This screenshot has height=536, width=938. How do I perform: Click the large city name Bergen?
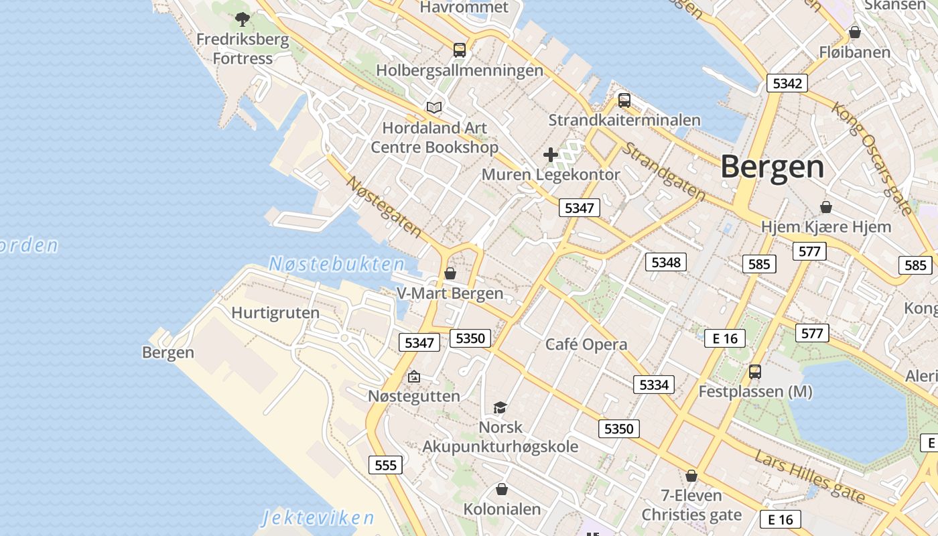click(772, 167)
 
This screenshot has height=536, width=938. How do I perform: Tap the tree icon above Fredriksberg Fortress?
click(243, 19)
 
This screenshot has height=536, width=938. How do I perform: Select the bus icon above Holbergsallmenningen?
click(460, 50)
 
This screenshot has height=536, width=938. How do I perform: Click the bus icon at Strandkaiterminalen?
click(624, 100)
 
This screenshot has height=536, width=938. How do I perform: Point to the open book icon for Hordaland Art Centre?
click(434, 107)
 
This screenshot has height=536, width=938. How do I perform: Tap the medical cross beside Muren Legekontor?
click(551, 155)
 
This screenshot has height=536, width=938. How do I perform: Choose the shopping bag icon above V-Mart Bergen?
click(450, 273)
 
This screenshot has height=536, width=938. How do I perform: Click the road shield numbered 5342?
click(787, 83)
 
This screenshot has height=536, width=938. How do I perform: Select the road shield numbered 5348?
click(666, 262)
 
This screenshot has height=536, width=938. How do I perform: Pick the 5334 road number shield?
click(654, 385)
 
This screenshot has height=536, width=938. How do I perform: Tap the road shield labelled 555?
click(385, 465)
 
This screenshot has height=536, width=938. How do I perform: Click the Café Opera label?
click(586, 344)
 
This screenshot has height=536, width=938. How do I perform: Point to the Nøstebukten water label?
click(337, 264)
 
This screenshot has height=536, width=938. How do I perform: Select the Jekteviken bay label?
click(318, 518)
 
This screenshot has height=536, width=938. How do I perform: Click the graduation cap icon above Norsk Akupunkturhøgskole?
click(500, 407)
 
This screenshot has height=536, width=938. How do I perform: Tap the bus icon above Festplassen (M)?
click(755, 371)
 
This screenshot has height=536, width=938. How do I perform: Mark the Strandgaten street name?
click(663, 171)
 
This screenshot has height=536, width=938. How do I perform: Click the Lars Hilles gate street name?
click(809, 476)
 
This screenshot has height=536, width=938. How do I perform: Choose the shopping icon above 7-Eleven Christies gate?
click(691, 476)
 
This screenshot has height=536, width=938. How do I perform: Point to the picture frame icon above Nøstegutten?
click(414, 377)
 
